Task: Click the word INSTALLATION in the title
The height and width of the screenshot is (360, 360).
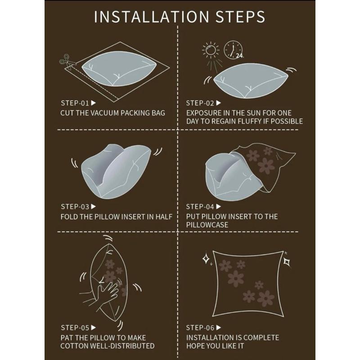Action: click(x=152, y=17)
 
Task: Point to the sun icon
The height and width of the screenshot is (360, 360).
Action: click(x=211, y=50)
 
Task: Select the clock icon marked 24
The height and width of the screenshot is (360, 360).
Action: click(x=234, y=50)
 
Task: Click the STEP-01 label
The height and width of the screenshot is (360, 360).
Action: click(x=75, y=103)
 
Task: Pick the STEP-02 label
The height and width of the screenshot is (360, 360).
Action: click(x=200, y=103)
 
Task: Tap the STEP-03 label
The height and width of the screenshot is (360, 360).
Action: click(x=75, y=207)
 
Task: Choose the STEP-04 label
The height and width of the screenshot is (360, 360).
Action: click(x=200, y=207)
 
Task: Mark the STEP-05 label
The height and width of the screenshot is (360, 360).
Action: click(x=75, y=328)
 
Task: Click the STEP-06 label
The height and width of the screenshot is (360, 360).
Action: click(x=200, y=328)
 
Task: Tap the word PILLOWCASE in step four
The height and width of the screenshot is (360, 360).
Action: click(x=207, y=225)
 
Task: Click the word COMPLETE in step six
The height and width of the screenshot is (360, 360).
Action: click(x=261, y=337)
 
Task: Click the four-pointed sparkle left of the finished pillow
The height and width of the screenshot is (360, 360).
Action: click(x=206, y=259)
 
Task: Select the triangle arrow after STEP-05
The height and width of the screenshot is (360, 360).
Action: click(x=93, y=328)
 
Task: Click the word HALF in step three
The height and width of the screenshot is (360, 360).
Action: click(x=164, y=217)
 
